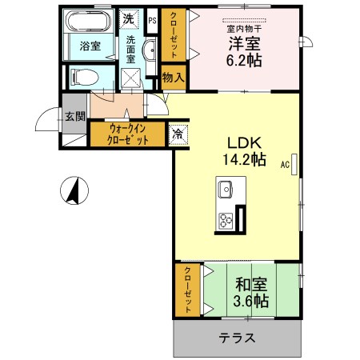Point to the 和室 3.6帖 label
tap(251, 292)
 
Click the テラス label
tap(238, 338)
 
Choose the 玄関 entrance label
tap(74, 116)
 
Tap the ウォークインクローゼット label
tap(128, 133)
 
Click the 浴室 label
tap(90, 46)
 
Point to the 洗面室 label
tap(130, 46)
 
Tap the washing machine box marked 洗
tap(129, 18)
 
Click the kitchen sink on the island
tap(223, 191)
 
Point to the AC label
tap(285, 166)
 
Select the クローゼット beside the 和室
tap(187, 289)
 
